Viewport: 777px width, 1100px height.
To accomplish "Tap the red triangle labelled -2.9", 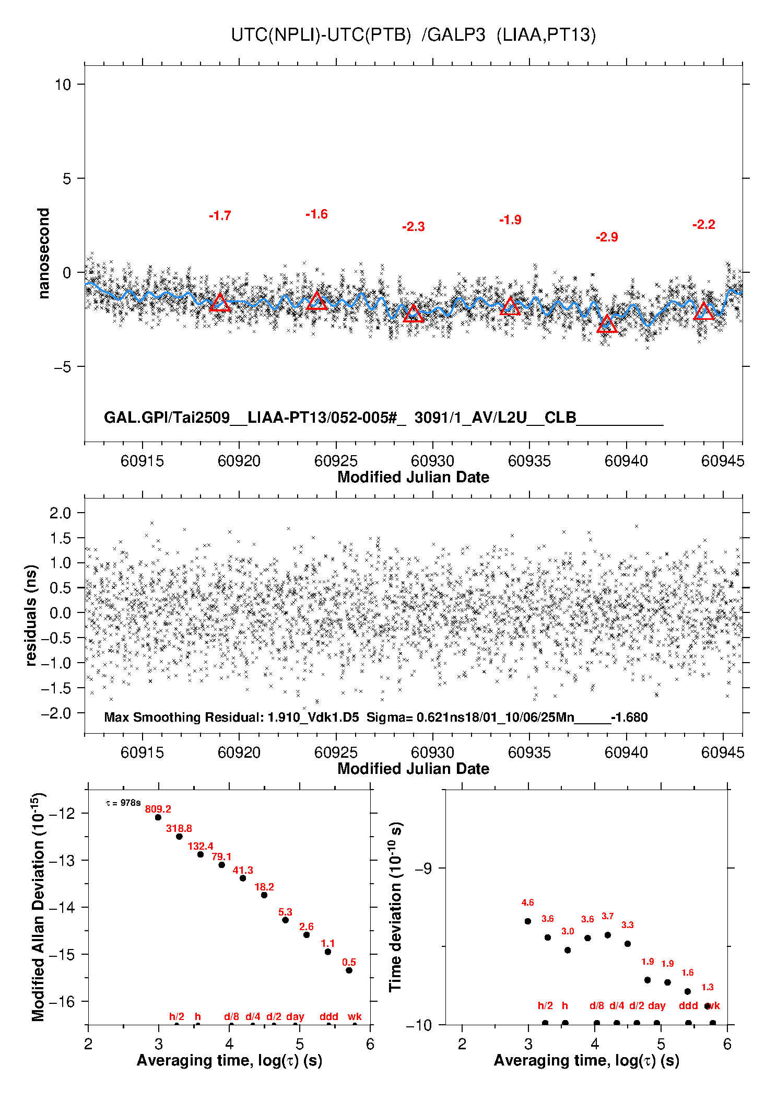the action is point(607,324).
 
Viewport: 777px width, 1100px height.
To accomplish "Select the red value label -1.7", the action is point(220,216).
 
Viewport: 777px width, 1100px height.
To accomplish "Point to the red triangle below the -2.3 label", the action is point(413,313).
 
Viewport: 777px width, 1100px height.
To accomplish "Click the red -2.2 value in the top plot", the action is point(704,225).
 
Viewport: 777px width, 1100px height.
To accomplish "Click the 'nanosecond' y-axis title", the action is point(43,253).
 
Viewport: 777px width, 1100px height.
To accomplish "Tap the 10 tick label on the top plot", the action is point(63,84).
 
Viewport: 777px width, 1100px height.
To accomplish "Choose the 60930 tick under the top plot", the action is point(432,461).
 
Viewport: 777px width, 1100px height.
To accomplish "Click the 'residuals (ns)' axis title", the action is point(31,616).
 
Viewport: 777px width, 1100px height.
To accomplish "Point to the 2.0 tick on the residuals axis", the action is point(60,513).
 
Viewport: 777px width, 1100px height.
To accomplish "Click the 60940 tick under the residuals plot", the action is point(626,752).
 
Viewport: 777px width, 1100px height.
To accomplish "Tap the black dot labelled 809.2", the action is point(158,817).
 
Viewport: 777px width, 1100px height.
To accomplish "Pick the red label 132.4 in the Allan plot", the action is point(201,846).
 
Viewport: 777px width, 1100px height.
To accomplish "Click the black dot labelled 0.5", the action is point(349,970).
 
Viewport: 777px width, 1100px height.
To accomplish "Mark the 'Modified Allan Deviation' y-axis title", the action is point(38,907).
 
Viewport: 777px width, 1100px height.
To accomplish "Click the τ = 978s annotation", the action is point(123,803).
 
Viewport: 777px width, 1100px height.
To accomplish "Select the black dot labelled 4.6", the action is point(528,921).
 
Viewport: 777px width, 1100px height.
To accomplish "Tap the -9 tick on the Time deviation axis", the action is point(423,869).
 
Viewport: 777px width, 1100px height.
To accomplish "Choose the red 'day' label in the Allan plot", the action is point(295,1016).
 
